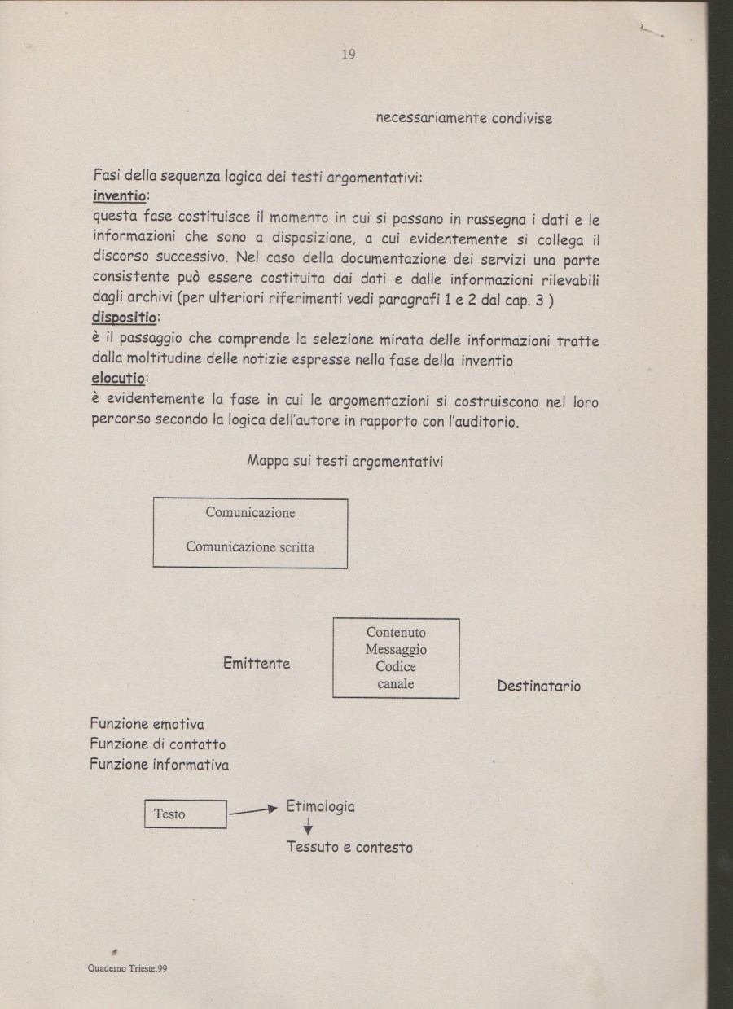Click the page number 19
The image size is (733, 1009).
click(349, 55)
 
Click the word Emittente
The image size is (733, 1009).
click(257, 664)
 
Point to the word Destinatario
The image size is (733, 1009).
click(538, 686)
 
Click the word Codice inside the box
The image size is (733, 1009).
click(396, 667)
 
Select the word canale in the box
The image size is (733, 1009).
click(396, 684)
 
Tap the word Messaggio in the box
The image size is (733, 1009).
click(396, 650)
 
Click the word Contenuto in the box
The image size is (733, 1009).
click(396, 633)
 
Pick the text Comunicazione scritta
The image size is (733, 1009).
click(249, 546)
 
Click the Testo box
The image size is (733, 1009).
click(185, 814)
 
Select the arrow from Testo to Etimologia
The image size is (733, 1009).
click(254, 810)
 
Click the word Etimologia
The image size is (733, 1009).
click(320, 806)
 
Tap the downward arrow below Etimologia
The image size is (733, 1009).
click(308, 827)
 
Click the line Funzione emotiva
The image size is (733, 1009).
click(147, 724)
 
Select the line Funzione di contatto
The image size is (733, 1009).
click(157, 744)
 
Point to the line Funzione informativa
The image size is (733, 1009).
click(159, 765)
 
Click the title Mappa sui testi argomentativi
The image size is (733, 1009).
click(345, 461)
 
